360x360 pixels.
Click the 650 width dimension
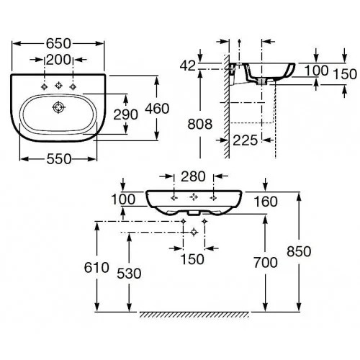pyautogui.click(x=58, y=44)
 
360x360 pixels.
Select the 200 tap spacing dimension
pyautogui.click(x=58, y=60)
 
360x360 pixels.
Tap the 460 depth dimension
pyautogui.click(x=157, y=109)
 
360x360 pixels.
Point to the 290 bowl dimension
pyautogui.click(x=125, y=114)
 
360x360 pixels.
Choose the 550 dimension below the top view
pyautogui.click(x=59, y=159)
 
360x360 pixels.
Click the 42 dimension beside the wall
pyautogui.click(x=188, y=66)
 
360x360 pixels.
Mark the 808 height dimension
pyautogui.click(x=200, y=125)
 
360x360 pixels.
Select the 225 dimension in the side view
pyautogui.click(x=246, y=140)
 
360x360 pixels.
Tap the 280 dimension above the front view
pyautogui.click(x=193, y=176)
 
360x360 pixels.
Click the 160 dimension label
pyautogui.click(x=266, y=202)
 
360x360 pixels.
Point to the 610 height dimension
pyautogui.click(x=96, y=268)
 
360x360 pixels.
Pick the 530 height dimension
pyautogui.click(x=129, y=274)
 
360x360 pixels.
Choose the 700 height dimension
pyautogui.click(x=266, y=263)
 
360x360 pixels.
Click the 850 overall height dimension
pyautogui.click(x=299, y=251)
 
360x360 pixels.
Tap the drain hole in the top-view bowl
pyautogui.click(x=58, y=107)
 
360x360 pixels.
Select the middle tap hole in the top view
pyautogui.click(x=58, y=85)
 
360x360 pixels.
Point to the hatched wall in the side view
pyautogui.click(x=227, y=107)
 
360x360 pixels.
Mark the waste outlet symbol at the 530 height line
pyautogui.click(x=194, y=232)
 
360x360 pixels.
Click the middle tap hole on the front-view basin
pyautogui.click(x=194, y=197)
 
